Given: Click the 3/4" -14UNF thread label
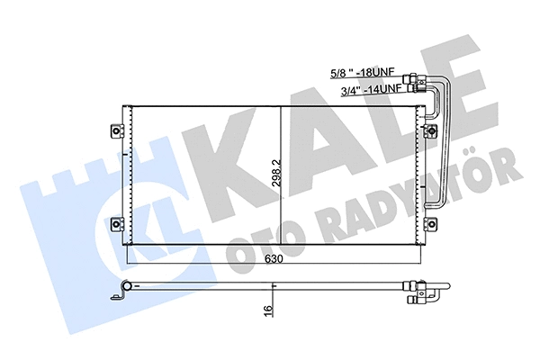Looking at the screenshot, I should (369, 89).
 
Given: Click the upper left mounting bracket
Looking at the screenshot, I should (116, 129).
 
